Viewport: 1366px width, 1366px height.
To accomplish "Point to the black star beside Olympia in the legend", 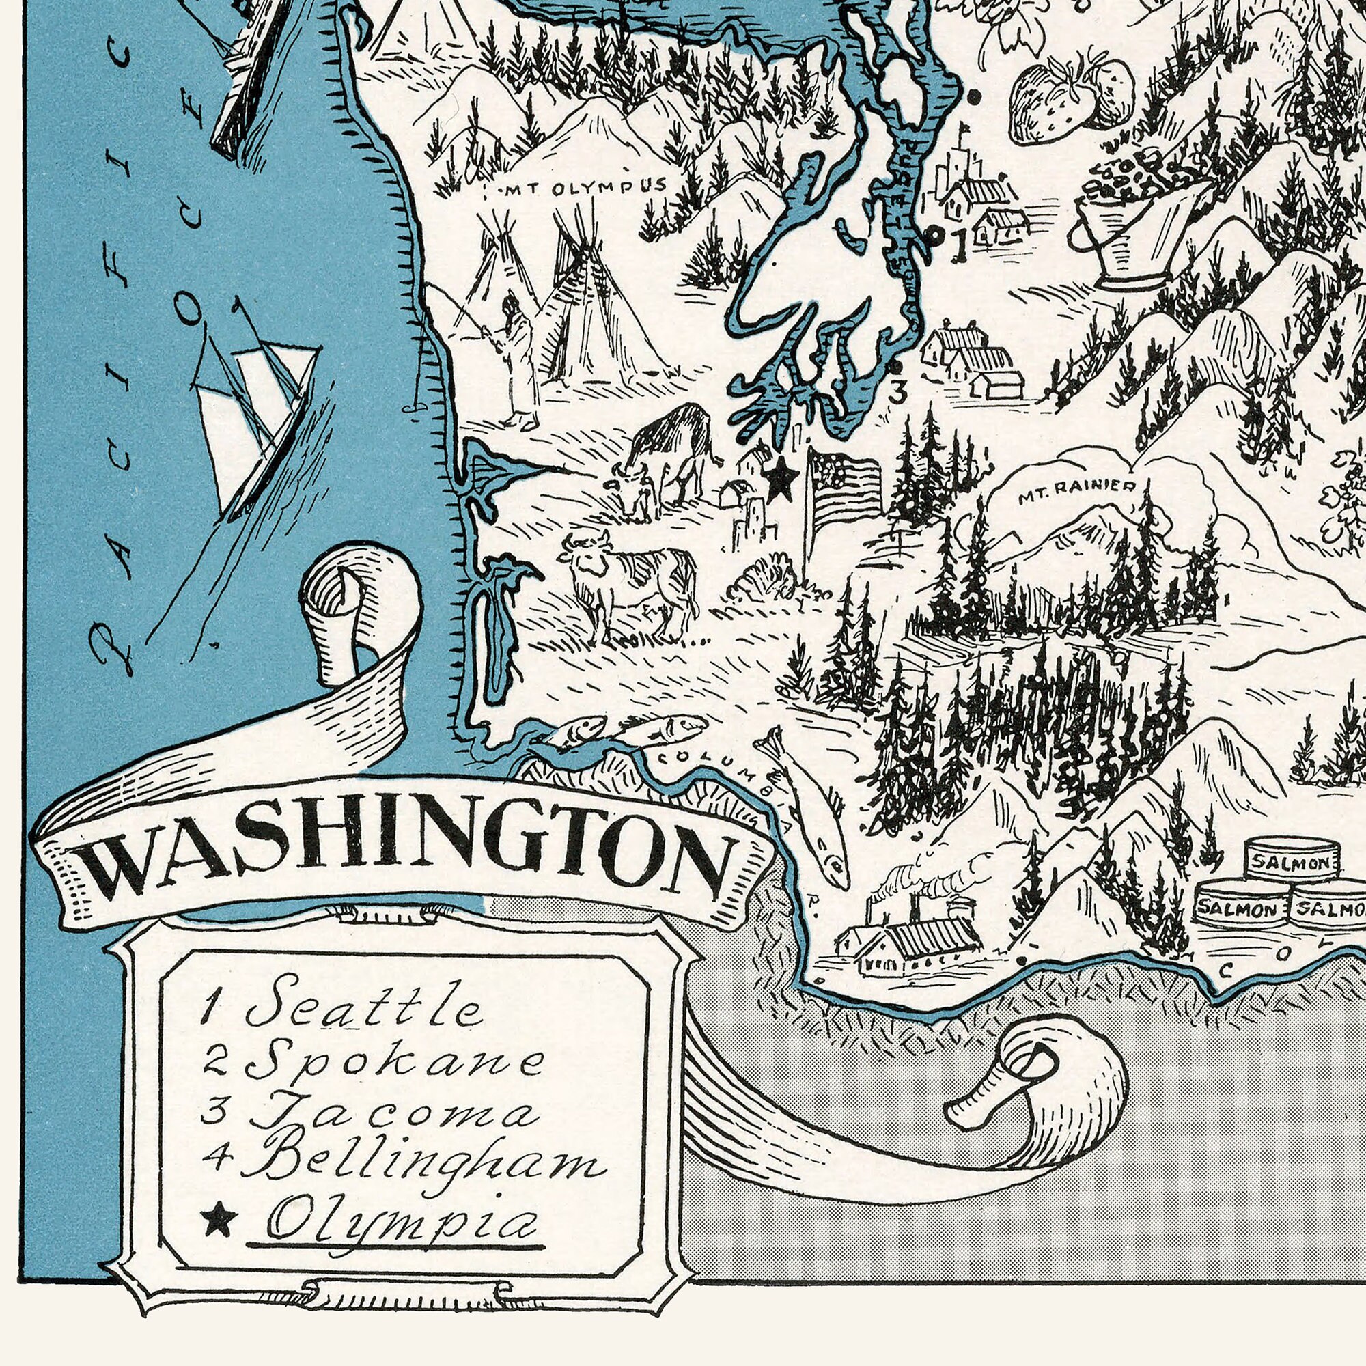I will coord(219,1218).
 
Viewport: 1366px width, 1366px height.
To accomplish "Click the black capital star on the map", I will coord(781,479).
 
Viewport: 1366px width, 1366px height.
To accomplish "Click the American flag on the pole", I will coord(845,487).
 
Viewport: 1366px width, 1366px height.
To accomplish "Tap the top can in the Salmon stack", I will coord(1291,861).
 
